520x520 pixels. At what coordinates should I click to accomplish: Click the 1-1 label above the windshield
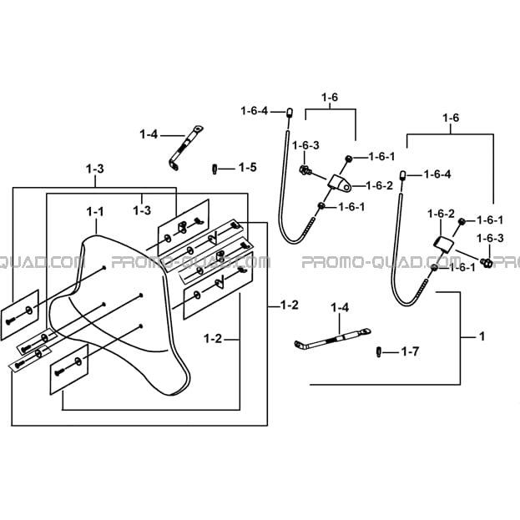click(95, 211)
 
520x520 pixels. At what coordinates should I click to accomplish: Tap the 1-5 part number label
click(248, 168)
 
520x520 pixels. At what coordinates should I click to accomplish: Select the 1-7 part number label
click(410, 351)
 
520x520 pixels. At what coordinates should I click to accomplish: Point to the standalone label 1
click(482, 336)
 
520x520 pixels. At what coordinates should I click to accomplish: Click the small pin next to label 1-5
click(215, 169)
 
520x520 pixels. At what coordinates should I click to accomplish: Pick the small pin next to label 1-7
click(378, 352)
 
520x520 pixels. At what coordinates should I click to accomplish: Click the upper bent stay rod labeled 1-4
click(185, 148)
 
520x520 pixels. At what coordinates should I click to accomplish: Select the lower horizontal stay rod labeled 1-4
click(332, 338)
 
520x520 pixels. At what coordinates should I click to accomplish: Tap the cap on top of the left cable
click(289, 113)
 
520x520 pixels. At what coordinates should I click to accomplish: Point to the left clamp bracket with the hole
click(339, 183)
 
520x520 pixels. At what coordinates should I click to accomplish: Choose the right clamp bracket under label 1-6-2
click(443, 244)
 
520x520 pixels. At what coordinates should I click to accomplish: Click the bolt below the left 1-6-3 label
click(305, 170)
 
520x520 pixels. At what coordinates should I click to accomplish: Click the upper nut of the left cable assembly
click(349, 159)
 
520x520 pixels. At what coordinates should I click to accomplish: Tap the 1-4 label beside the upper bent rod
click(149, 134)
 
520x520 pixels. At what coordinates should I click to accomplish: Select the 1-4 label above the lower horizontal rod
click(340, 308)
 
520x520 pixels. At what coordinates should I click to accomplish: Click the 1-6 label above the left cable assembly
click(330, 97)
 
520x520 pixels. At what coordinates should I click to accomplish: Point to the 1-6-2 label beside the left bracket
click(380, 185)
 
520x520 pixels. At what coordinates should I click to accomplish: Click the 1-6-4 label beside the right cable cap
click(437, 174)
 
